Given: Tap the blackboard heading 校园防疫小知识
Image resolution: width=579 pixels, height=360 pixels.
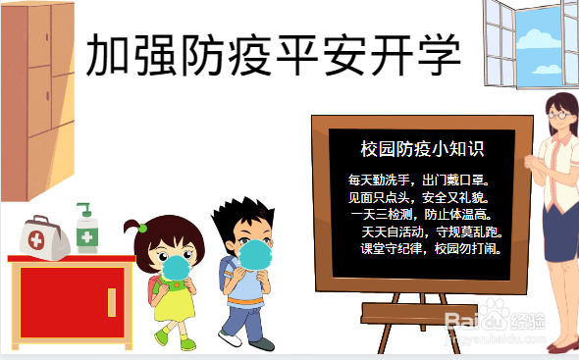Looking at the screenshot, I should coord(421,149).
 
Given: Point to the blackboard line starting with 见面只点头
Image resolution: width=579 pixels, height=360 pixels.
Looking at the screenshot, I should coord(418,197).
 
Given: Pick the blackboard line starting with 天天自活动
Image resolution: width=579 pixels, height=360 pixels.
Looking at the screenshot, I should coord(432,232).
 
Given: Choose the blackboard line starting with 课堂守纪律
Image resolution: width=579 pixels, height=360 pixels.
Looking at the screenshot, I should coord(430,249).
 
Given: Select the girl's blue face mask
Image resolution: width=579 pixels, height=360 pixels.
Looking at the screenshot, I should coord(177,265).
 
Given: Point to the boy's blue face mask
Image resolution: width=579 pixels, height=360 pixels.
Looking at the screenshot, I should coord(255,254).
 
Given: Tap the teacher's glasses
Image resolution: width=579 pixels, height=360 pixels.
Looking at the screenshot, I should coord(560,115).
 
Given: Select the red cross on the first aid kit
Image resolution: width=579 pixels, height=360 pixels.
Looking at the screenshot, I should coord(36,240).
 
